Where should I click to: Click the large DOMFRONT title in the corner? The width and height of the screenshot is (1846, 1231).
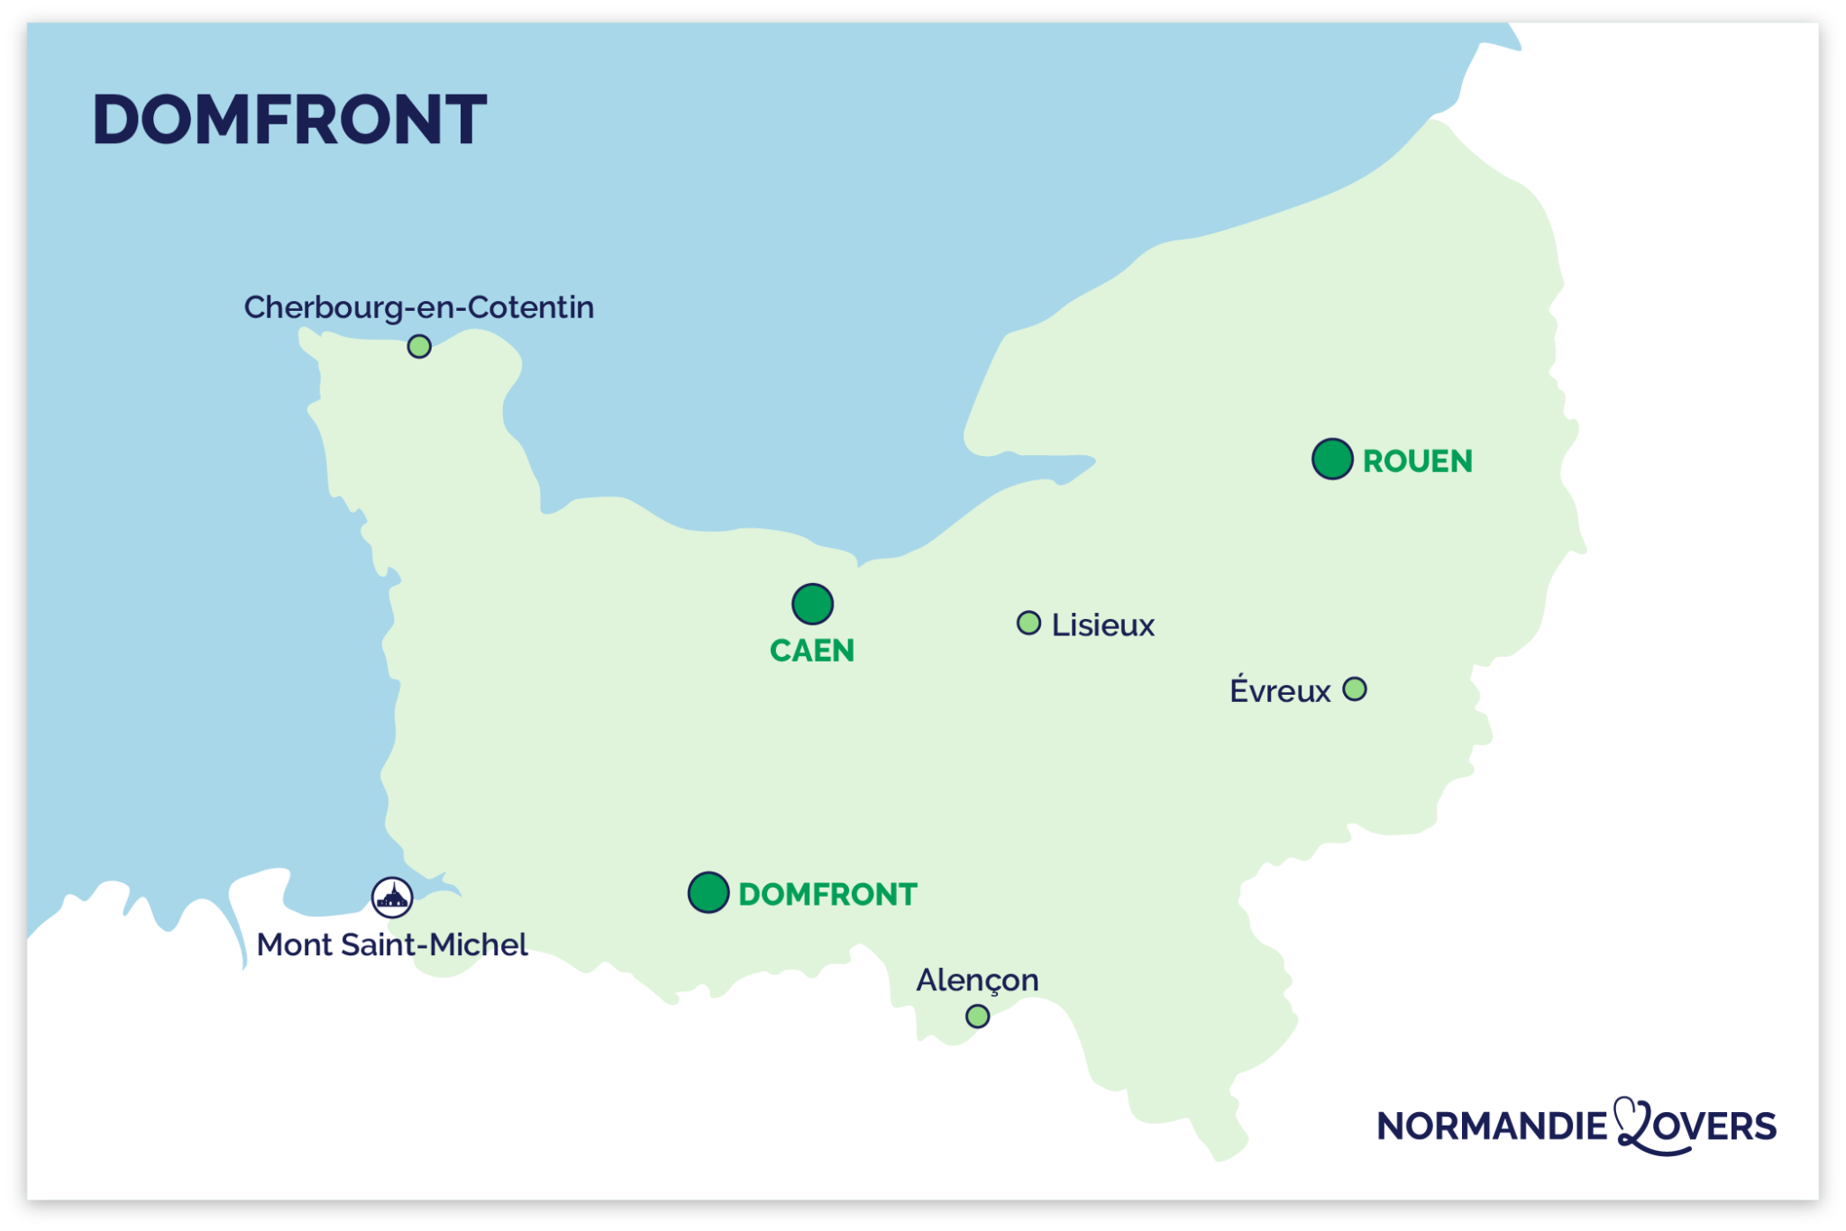[289, 120]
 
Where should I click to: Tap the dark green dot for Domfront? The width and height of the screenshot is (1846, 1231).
[708, 893]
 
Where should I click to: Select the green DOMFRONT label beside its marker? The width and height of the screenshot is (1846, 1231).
[827, 895]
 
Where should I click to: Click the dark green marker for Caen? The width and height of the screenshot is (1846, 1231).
[812, 604]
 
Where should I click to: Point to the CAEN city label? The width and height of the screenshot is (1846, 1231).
[812, 651]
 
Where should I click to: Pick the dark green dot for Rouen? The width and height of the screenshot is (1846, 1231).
[1332, 460]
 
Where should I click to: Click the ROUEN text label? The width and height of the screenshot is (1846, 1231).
[1417, 461]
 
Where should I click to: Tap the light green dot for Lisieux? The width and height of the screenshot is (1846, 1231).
[1028, 623]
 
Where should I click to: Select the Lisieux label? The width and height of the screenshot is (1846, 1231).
[1102, 625]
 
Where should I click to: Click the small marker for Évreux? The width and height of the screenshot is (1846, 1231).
[1355, 689]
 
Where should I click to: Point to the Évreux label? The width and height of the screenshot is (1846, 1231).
[1280, 691]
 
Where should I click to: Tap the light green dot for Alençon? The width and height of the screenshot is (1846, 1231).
[977, 1017]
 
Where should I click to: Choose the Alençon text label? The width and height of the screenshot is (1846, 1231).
[977, 980]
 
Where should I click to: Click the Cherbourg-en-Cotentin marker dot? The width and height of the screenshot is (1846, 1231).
[419, 346]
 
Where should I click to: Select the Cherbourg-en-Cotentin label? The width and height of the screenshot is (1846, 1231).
[419, 308]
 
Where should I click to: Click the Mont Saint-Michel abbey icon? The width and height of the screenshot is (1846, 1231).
[392, 898]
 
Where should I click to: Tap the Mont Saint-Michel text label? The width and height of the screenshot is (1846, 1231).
[392, 945]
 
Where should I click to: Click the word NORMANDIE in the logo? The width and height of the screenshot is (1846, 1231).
[1492, 1126]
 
